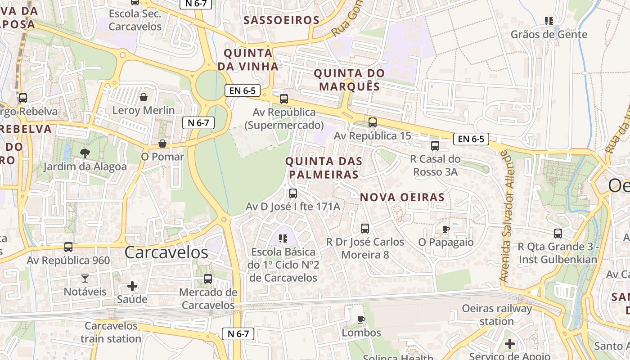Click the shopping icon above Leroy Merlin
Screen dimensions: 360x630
click(x=144, y=97)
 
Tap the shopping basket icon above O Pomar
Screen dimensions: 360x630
click(x=162, y=144)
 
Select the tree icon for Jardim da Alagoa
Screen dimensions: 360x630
click(x=85, y=153)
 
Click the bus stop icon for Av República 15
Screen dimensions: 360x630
click(x=372, y=122)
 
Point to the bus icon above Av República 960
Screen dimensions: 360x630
click(x=68, y=247)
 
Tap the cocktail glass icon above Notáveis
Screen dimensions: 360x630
click(x=85, y=278)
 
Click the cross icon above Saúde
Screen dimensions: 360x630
click(x=132, y=286)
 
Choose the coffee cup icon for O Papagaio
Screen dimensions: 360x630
click(x=445, y=229)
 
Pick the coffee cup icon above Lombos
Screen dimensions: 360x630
click(x=361, y=319)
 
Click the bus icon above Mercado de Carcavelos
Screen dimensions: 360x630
click(x=208, y=279)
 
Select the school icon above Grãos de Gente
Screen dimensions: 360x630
click(x=549, y=21)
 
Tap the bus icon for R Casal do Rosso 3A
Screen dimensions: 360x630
click(x=435, y=146)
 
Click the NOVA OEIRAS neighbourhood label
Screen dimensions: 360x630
click(x=402, y=197)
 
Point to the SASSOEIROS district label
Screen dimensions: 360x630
click(x=281, y=20)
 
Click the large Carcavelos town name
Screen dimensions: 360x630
click(x=166, y=252)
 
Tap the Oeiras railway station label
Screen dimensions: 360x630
click(x=497, y=315)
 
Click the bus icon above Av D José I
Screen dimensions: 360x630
click(x=293, y=193)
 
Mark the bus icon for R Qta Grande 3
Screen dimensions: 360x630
click(x=558, y=234)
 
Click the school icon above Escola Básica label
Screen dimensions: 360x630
click(x=283, y=238)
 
